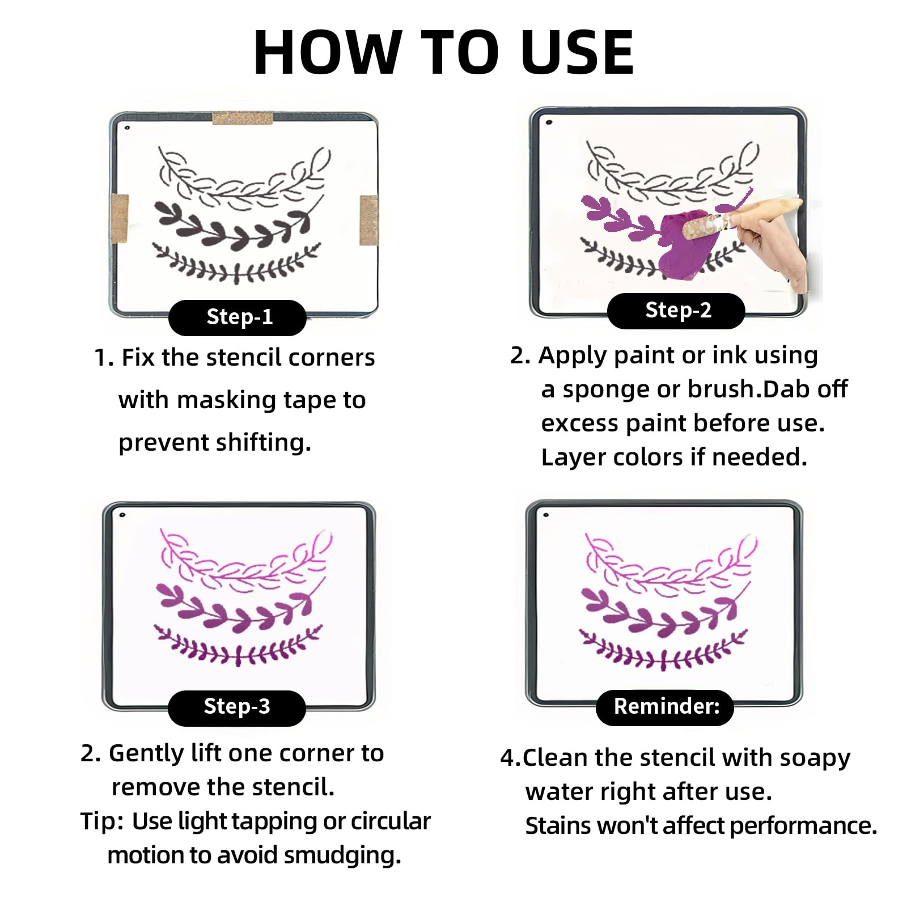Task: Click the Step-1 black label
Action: (238, 317)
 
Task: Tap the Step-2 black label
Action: (676, 311)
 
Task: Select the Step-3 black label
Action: (237, 707)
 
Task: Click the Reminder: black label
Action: (665, 707)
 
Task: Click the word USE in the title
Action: (577, 52)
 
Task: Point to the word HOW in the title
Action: (328, 52)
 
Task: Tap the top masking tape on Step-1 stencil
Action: (243, 118)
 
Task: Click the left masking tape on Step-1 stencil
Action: (120, 219)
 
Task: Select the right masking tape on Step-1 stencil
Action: (369, 220)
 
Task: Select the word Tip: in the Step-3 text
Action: (102, 821)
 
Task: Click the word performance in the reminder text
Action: (803, 827)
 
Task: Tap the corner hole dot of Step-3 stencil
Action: (122, 515)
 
